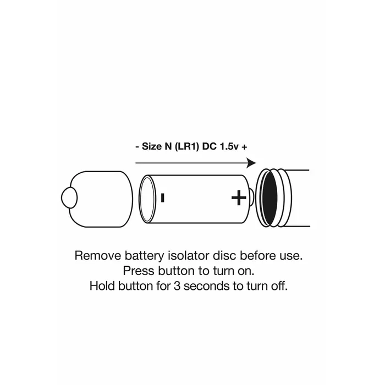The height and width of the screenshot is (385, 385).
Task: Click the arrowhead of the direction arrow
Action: pyautogui.click(x=251, y=163)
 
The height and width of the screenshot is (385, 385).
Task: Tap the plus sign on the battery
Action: pyautogui.click(x=239, y=197)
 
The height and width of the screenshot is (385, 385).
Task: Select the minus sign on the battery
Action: pyautogui.click(x=162, y=197)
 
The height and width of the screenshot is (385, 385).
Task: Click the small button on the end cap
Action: pyautogui.click(x=69, y=197)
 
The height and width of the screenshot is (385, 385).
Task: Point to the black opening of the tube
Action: pyautogui.click(x=269, y=199)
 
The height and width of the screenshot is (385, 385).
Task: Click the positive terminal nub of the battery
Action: pyautogui.click(x=251, y=197)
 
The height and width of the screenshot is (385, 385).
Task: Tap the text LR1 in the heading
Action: pyautogui.click(x=186, y=147)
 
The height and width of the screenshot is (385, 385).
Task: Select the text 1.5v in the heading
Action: pyautogui.click(x=229, y=147)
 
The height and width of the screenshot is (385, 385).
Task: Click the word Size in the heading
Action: pyautogui.click(x=152, y=147)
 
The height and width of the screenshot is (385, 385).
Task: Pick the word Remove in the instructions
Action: pyautogui.click(x=98, y=256)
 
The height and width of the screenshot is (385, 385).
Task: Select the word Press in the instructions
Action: pyautogui.click(x=139, y=271)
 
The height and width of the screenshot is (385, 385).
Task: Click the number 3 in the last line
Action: pyautogui.click(x=177, y=287)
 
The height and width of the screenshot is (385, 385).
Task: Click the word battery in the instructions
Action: pyautogui.click(x=144, y=256)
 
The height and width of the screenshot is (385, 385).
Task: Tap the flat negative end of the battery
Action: pyautogui.click(x=147, y=199)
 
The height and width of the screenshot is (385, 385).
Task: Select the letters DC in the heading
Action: pyautogui.click(x=209, y=147)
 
